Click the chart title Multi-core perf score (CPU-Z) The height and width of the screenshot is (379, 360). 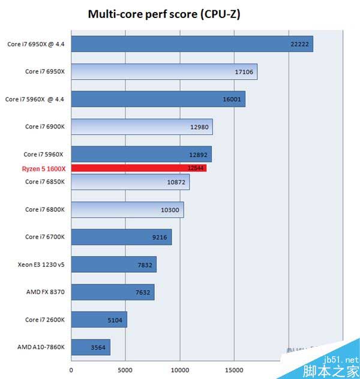(164, 14)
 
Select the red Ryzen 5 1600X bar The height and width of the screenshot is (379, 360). (139, 169)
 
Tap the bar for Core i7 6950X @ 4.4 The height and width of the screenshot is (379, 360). (192, 44)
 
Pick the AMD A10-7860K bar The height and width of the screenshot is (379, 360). (91, 347)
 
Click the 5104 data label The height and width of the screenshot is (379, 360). (115, 320)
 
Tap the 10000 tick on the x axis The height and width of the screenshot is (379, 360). (180, 370)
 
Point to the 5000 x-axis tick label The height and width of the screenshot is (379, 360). (125, 370)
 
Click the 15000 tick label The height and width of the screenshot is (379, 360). (234, 370)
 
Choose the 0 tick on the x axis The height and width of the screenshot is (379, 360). (71, 370)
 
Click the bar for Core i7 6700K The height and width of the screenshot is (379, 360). (121, 237)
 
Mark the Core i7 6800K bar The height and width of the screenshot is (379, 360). (127, 209)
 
